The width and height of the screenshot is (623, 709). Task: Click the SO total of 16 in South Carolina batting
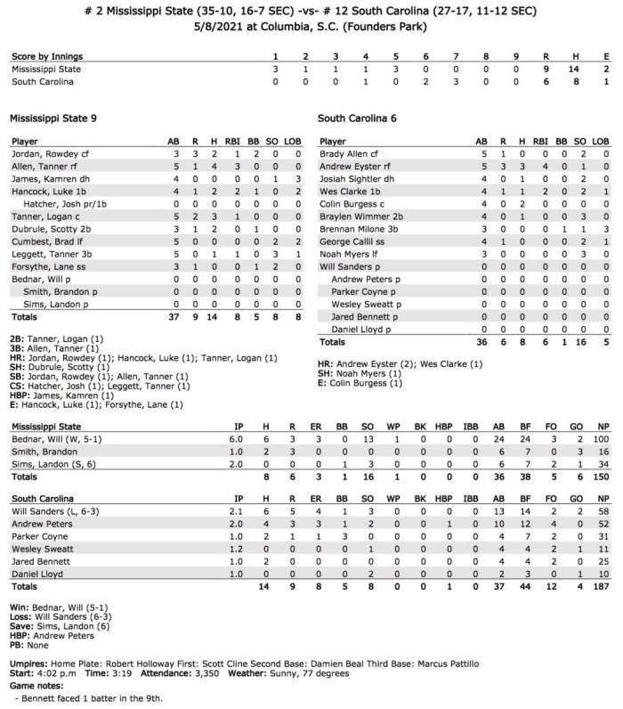582,341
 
